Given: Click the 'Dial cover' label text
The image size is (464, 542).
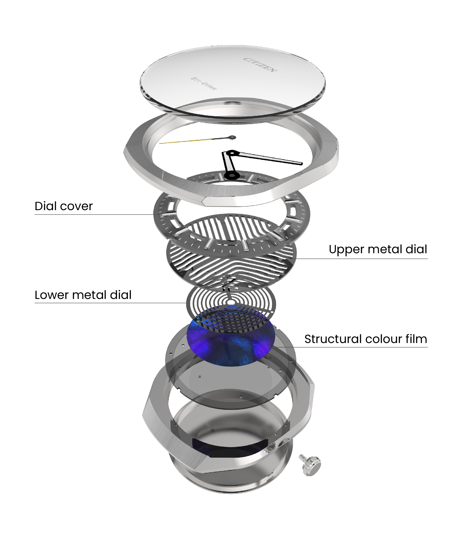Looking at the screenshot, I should point(63,206).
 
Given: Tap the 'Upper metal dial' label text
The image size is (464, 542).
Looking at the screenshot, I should point(378,249).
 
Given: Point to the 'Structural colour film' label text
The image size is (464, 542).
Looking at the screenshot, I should point(366,339).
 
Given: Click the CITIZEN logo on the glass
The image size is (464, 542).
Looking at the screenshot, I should point(260,65).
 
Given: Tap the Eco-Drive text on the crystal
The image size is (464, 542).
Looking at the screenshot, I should point(204,83).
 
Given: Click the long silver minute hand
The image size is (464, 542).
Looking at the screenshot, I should point(269,158).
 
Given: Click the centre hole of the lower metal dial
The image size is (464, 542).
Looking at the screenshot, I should point(231,303).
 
